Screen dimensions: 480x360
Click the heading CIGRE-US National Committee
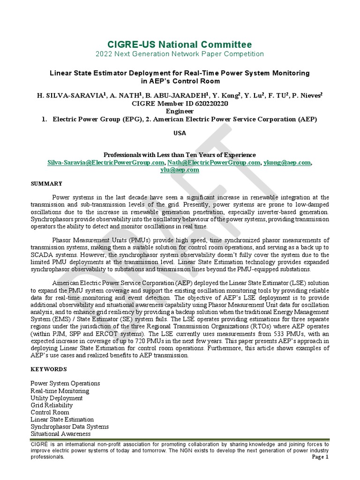(x=180, y=45)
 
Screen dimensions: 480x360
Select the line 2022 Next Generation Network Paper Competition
(x=180, y=54)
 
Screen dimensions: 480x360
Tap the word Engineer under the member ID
(x=180, y=111)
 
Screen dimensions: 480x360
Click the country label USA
(x=180, y=133)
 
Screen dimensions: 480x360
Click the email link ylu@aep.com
(x=180, y=170)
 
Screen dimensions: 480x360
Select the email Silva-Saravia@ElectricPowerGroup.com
(x=106, y=162)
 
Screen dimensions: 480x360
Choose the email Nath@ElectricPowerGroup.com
(x=214, y=162)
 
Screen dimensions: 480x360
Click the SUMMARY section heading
(x=46, y=183)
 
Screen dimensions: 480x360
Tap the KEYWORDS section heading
(x=48, y=369)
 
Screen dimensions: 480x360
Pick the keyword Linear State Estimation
(x=62, y=419)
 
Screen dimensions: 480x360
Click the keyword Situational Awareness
(x=60, y=434)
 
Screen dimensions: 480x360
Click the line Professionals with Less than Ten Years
(x=180, y=155)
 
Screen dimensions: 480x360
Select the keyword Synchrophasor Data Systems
(x=69, y=427)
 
